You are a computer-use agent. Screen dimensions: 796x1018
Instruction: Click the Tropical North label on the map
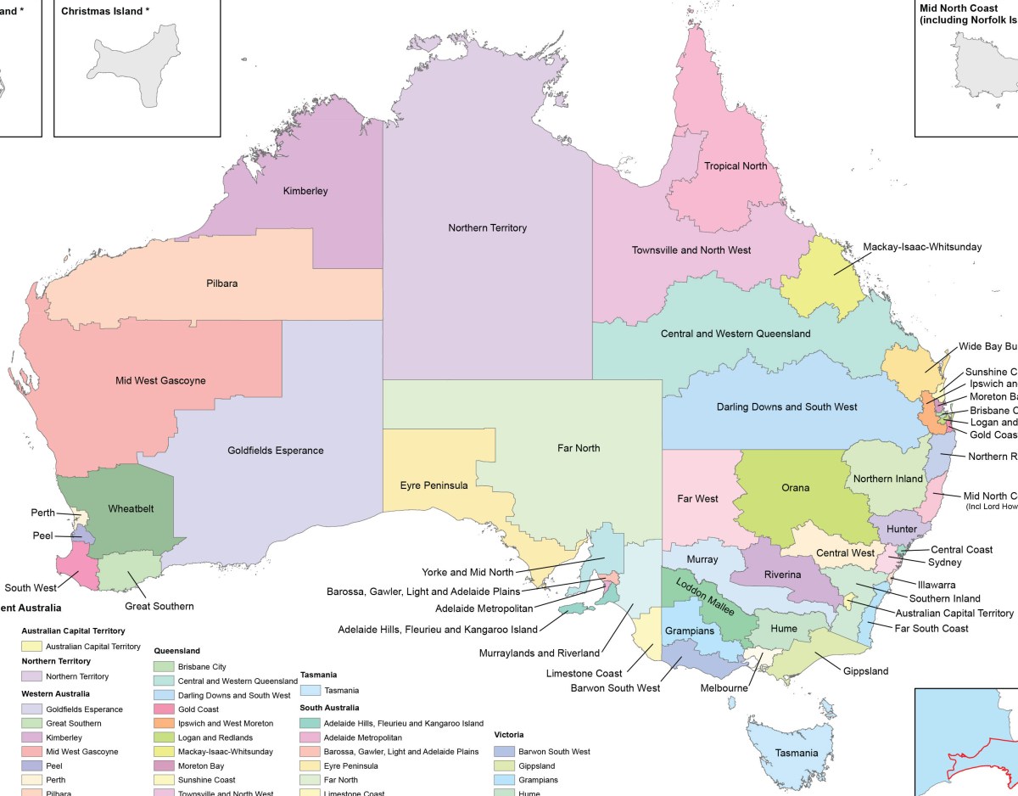click(x=736, y=166)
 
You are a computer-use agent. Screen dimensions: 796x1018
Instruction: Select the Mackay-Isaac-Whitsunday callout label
click(x=922, y=247)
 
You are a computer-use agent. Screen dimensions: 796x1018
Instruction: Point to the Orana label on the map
click(x=795, y=488)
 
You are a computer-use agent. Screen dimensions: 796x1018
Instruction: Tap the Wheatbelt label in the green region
click(x=131, y=509)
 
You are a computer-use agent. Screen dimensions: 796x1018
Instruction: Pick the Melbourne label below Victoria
click(x=724, y=688)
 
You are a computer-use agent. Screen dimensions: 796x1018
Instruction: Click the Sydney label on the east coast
click(x=944, y=563)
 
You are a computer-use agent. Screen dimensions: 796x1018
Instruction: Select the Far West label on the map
click(x=698, y=499)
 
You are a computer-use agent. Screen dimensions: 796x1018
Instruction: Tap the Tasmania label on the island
click(x=796, y=754)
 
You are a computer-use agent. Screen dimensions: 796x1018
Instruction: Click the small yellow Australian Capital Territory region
click(x=850, y=600)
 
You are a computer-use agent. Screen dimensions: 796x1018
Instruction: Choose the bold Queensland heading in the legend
click(x=177, y=651)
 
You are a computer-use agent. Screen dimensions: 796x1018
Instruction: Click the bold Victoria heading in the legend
click(x=508, y=735)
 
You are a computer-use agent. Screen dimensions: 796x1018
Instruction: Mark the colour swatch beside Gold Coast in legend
click(x=164, y=709)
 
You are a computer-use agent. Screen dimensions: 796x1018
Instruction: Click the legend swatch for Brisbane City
click(x=164, y=667)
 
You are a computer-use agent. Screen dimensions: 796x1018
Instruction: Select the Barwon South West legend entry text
click(x=554, y=752)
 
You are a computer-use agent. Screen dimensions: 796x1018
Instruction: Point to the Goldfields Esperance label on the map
click(x=275, y=451)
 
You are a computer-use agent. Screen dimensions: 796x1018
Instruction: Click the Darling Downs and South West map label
click(x=786, y=407)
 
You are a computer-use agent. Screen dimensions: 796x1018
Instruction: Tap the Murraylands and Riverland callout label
click(x=539, y=653)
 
